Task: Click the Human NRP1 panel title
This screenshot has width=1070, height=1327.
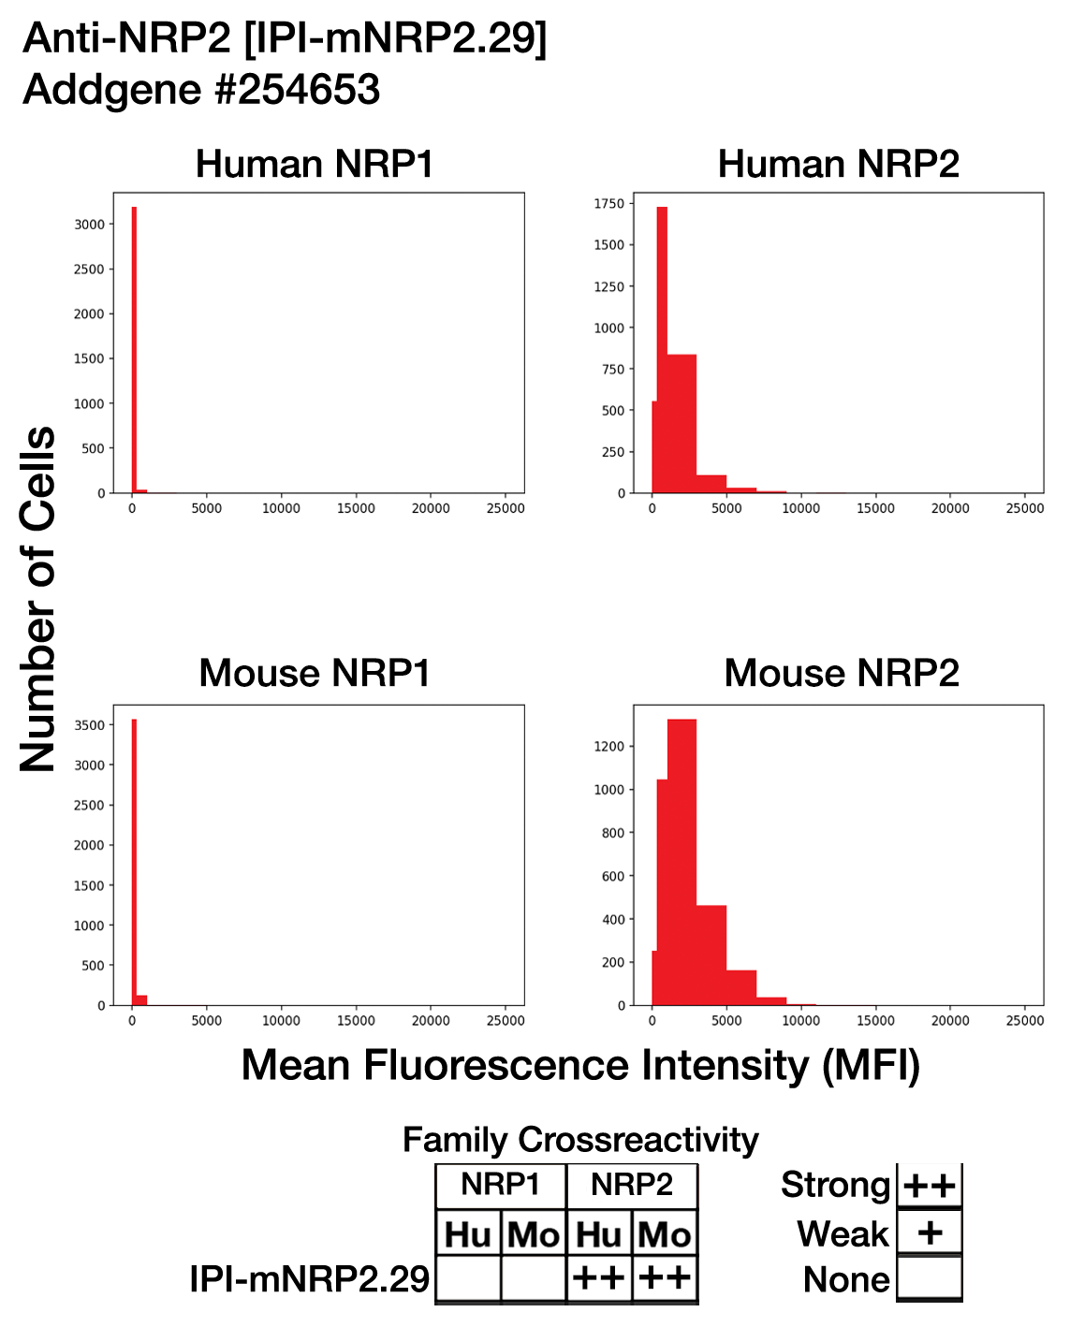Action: pyautogui.click(x=315, y=164)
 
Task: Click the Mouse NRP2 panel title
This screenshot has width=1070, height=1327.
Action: pyautogui.click(x=842, y=673)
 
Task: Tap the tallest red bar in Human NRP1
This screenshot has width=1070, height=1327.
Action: pyautogui.click(x=134, y=350)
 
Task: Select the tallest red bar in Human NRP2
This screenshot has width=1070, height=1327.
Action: pyautogui.click(x=662, y=350)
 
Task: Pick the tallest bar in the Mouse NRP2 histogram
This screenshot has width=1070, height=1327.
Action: pyautogui.click(x=682, y=862)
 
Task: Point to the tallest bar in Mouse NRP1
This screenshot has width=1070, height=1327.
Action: pyautogui.click(x=134, y=862)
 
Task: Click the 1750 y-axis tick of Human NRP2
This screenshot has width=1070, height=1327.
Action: pyautogui.click(x=609, y=203)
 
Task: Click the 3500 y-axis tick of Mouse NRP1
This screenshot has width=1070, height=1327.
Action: pyautogui.click(x=90, y=725)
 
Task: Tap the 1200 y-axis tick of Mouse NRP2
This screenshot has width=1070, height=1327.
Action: pyautogui.click(x=609, y=747)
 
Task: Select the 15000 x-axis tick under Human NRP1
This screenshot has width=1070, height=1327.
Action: pyautogui.click(x=356, y=508)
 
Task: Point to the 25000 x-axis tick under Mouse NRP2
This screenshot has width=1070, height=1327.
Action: pyautogui.click(x=1025, y=1021)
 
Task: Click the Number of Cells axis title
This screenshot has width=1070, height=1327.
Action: pyautogui.click(x=37, y=598)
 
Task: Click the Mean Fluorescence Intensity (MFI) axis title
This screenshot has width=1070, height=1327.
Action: pyautogui.click(x=580, y=1066)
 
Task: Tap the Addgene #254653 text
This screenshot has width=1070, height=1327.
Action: pyautogui.click(x=201, y=90)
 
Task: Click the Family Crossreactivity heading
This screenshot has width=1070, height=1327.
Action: pyautogui.click(x=580, y=1140)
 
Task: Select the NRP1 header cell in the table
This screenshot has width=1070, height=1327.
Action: pyautogui.click(x=501, y=1185)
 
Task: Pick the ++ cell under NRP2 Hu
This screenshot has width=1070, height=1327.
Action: pyautogui.click(x=598, y=1277)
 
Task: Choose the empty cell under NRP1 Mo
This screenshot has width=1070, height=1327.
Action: pyautogui.click(x=534, y=1277)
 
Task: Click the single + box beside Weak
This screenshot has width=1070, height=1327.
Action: pyautogui.click(x=930, y=1233)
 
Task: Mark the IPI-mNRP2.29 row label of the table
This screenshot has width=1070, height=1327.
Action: pyautogui.click(x=309, y=1279)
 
